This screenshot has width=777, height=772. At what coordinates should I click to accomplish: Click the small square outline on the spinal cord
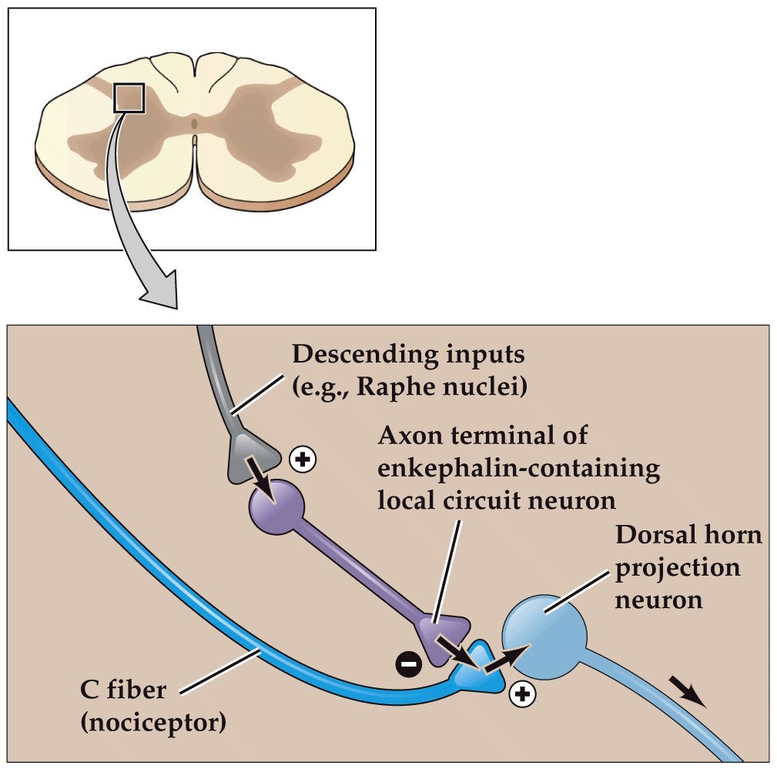click(x=129, y=98)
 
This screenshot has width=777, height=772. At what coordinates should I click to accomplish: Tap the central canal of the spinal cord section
click(x=195, y=122)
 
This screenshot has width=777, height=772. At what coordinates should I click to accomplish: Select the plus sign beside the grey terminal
click(x=302, y=460)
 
